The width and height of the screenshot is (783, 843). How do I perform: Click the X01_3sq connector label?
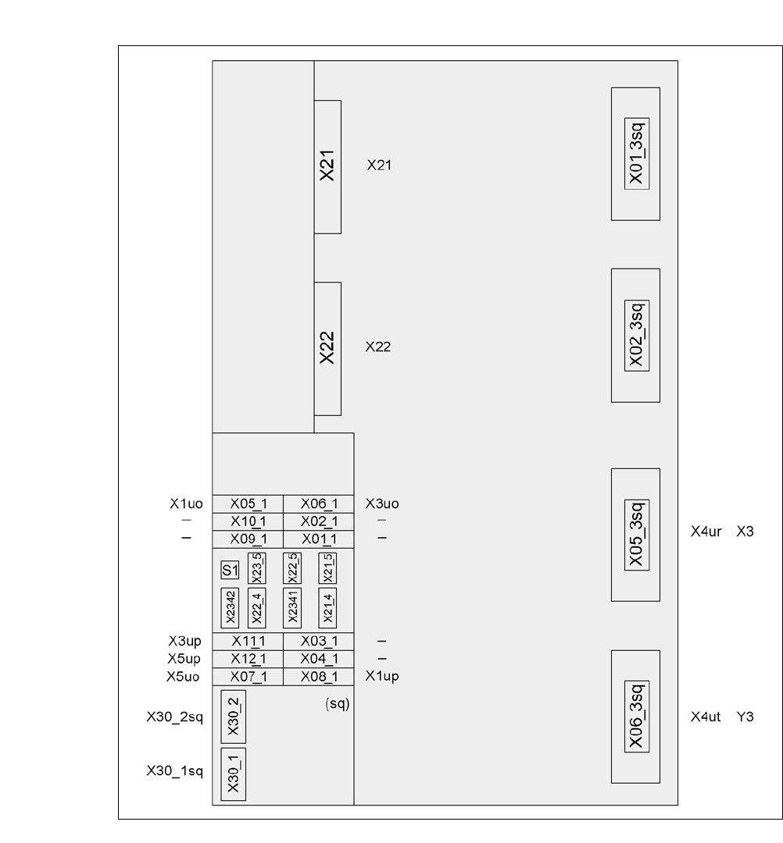635,154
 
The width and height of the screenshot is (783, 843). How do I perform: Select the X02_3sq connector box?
635,336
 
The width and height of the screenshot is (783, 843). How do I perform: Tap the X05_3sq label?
635,535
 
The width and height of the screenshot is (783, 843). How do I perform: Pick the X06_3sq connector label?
635,717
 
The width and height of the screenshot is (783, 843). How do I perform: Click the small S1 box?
229,570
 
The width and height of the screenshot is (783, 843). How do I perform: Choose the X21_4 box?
326,607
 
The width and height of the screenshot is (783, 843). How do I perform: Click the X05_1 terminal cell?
248,504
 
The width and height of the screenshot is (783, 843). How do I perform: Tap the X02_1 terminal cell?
319,521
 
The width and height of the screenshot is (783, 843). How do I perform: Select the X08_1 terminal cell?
319,677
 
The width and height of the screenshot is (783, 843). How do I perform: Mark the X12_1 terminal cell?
248,660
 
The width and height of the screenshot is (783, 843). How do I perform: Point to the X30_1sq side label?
174,771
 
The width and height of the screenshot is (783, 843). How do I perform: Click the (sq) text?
336,703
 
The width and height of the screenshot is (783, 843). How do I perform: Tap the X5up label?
184,660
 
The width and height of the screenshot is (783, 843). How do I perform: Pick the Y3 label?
745,715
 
